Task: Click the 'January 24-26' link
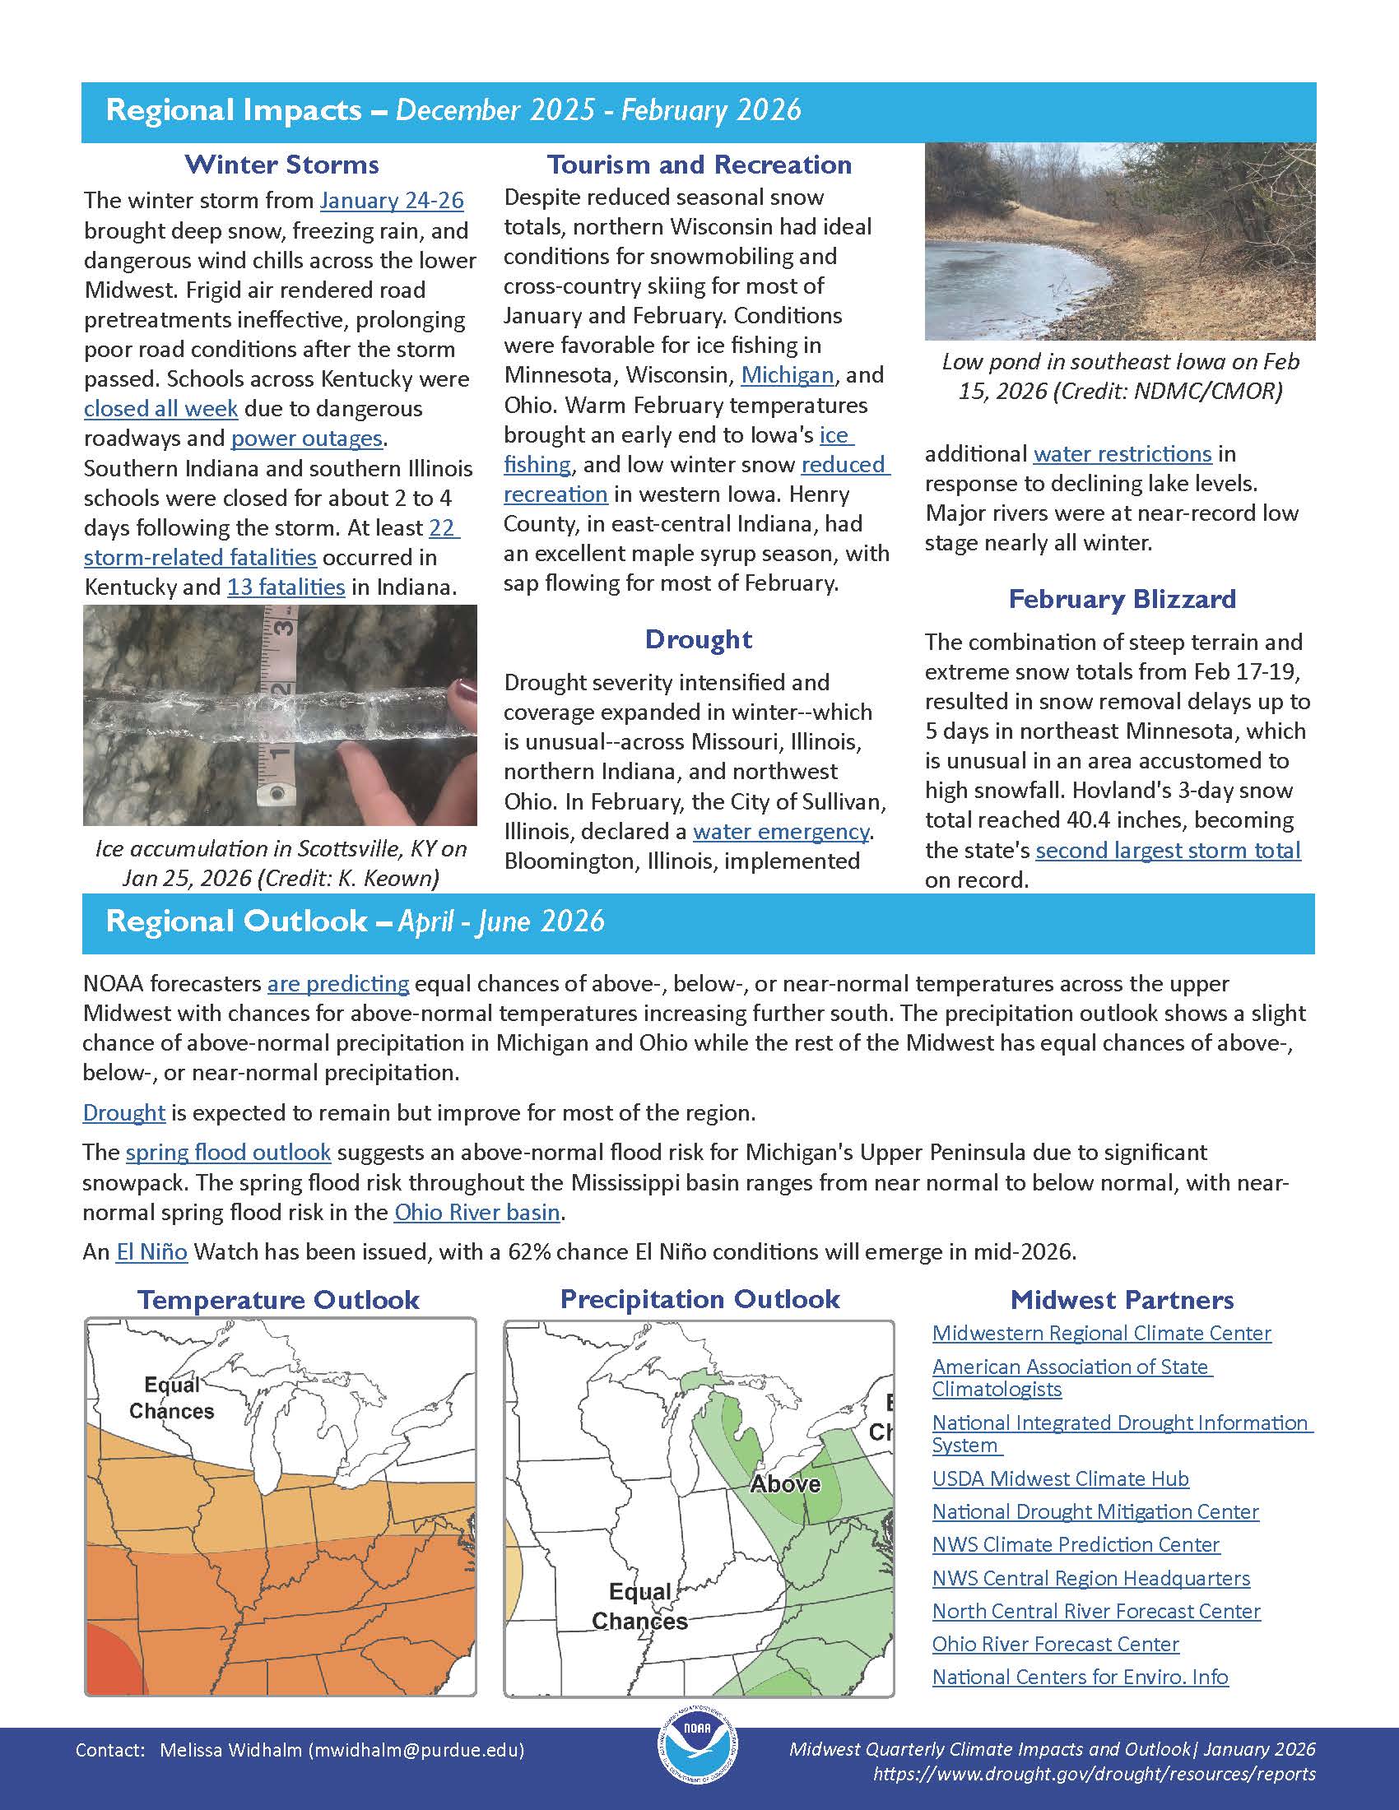[391, 201]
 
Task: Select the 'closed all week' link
[160, 409]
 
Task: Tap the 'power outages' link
[306, 439]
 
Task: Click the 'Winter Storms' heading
[281, 164]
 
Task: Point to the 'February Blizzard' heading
[1122, 598]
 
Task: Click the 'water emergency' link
[780, 831]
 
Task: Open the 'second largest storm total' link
[1168, 851]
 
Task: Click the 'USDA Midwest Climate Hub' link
[1060, 1478]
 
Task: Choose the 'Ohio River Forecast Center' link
[1055, 1645]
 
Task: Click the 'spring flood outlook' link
[228, 1153]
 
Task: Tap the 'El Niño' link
[151, 1251]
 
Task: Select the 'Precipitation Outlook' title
[699, 1298]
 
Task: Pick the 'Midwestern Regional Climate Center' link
[1101, 1334]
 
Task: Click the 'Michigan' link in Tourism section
[787, 375]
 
